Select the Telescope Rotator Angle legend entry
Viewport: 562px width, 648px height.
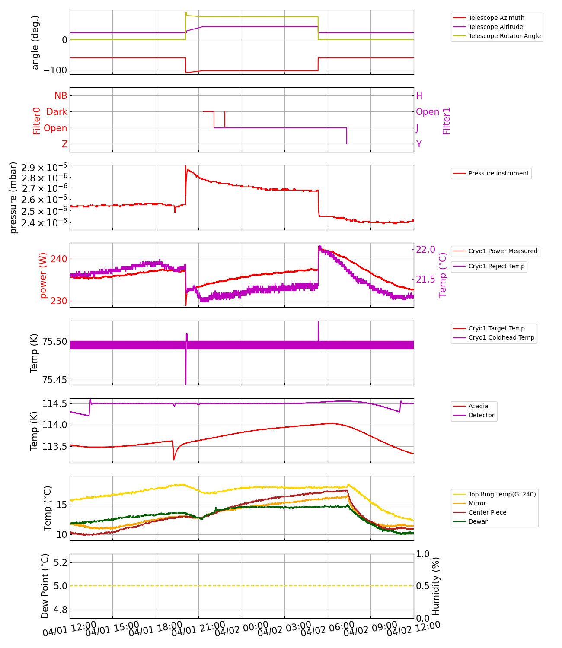click(504, 36)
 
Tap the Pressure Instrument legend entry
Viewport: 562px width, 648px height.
click(498, 173)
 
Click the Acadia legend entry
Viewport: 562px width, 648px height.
click(478, 406)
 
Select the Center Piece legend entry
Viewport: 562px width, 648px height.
click(487, 512)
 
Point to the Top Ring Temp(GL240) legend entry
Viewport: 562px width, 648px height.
click(502, 494)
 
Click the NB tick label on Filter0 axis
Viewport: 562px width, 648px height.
click(61, 96)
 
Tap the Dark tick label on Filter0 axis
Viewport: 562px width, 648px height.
click(57, 112)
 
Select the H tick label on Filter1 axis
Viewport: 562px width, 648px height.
click(419, 96)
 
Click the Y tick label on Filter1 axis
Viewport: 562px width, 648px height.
click(419, 144)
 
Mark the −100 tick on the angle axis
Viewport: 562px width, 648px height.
click(55, 70)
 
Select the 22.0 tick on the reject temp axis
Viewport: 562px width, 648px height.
click(426, 249)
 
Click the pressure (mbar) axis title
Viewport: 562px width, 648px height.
click(13, 197)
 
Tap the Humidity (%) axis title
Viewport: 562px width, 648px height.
click(436, 586)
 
